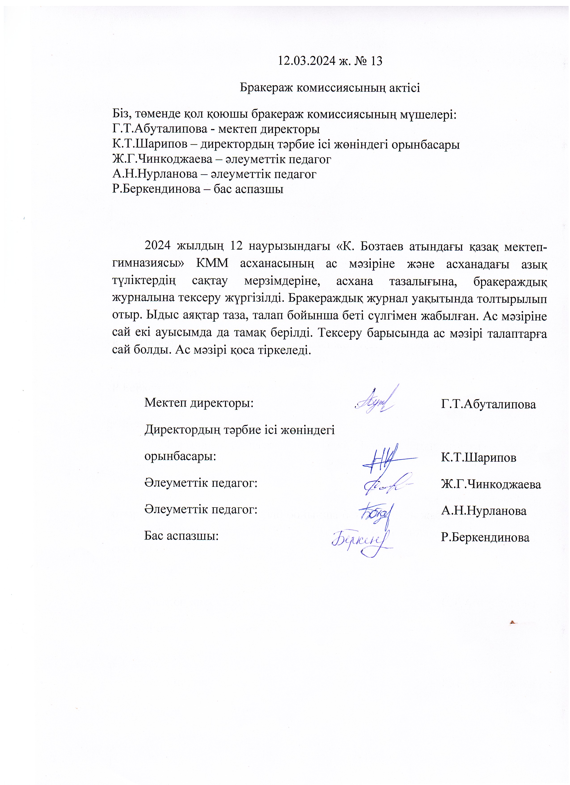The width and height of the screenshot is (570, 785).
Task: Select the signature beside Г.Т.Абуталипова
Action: pos(375,401)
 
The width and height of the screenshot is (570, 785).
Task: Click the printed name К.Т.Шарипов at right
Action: pos(478,458)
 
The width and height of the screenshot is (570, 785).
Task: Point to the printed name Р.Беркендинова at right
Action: pos(485,537)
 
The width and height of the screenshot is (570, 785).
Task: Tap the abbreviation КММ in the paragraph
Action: pos(212,263)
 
